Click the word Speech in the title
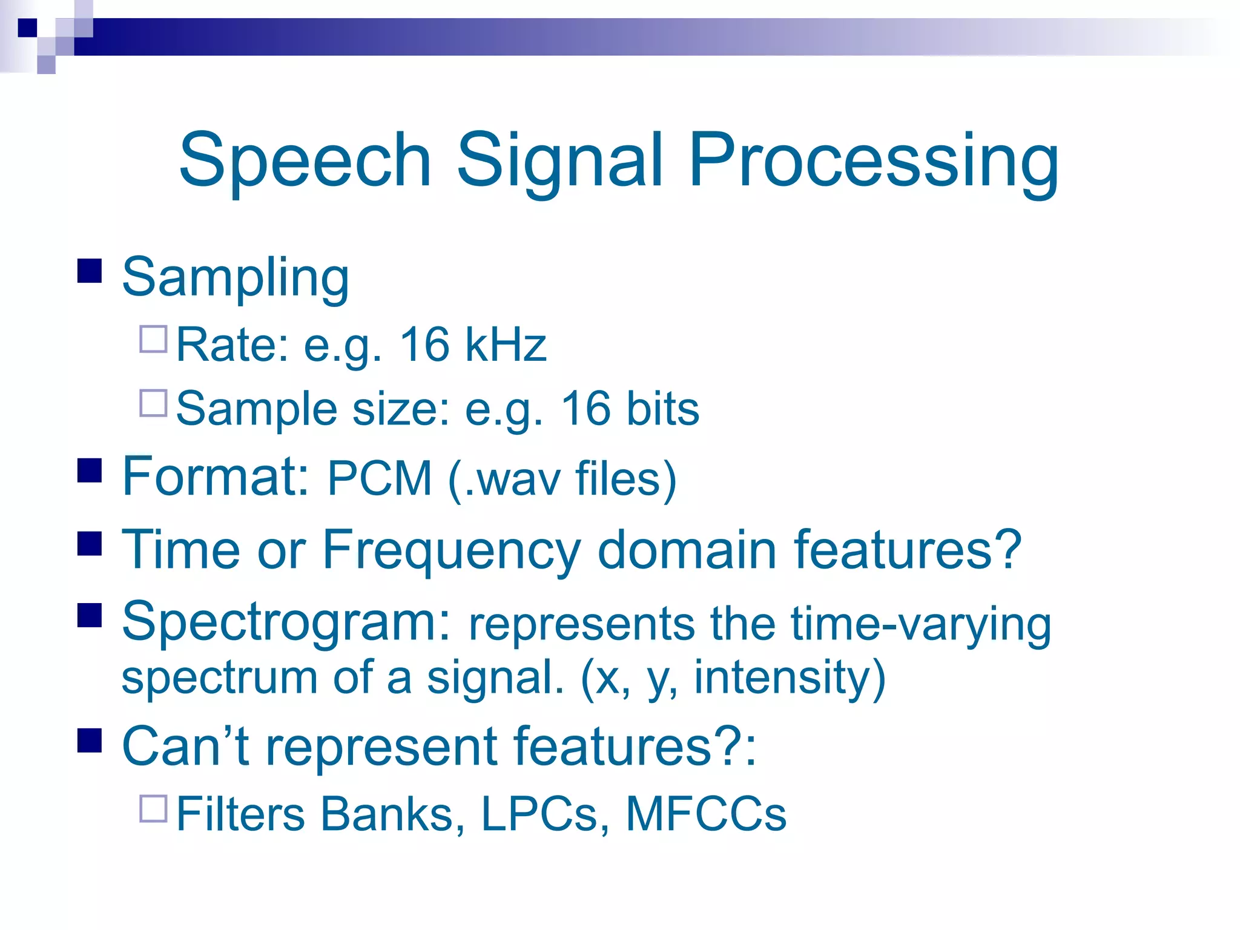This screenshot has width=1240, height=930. (x=305, y=160)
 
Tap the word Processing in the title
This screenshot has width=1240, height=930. (x=873, y=160)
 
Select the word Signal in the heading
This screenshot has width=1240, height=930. (x=559, y=160)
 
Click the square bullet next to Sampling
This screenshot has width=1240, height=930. (x=90, y=271)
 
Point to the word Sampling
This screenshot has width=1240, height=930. (x=236, y=279)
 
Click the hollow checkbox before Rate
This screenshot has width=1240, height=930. (x=153, y=340)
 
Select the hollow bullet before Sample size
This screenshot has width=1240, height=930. (x=153, y=403)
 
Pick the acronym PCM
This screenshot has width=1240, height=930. (x=380, y=479)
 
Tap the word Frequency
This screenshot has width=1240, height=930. (x=451, y=550)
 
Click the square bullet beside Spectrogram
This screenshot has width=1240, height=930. (x=90, y=615)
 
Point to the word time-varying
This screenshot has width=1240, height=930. (x=920, y=624)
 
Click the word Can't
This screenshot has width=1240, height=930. (x=186, y=747)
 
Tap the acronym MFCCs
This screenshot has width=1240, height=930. (x=706, y=814)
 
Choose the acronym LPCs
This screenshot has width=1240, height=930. (x=539, y=814)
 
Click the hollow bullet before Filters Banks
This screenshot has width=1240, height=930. (x=153, y=808)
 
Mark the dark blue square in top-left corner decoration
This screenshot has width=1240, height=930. (x=27, y=28)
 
